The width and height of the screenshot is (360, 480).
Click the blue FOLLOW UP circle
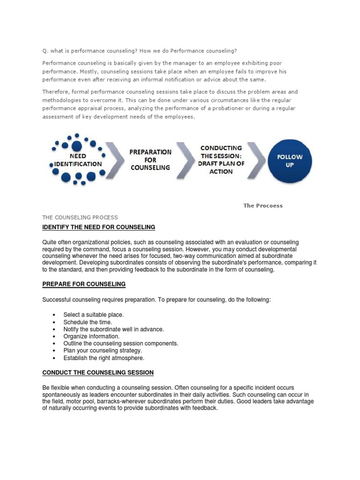(289, 161)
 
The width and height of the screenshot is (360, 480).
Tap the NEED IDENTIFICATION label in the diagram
(78, 160)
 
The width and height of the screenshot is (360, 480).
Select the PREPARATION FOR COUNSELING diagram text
(150, 160)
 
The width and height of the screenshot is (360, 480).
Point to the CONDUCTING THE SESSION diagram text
(221, 159)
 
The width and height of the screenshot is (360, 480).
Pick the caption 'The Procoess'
(262, 205)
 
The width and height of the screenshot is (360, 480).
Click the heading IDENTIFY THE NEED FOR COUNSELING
(98, 227)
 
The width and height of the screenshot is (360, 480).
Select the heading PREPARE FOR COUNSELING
(84, 285)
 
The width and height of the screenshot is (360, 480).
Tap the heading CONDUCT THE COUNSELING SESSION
(98, 373)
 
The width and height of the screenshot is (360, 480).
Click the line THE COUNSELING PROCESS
(80, 217)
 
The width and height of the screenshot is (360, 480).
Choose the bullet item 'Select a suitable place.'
(93, 315)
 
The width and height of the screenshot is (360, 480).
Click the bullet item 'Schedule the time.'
(88, 322)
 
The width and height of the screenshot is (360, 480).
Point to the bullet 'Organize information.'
(91, 336)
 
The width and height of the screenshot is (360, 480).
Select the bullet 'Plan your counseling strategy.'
(102, 351)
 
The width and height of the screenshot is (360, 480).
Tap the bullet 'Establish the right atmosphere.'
(104, 358)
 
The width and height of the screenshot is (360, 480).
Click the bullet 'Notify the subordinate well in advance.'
(113, 329)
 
